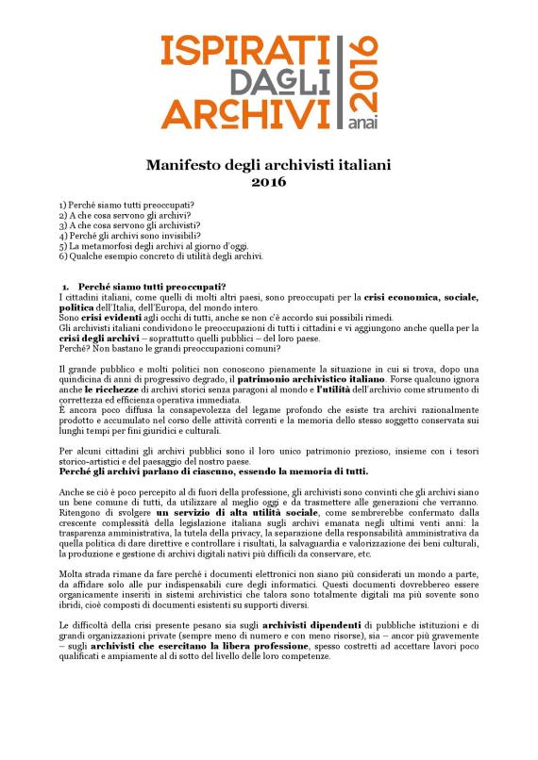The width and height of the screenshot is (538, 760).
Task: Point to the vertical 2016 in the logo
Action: (362, 72)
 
